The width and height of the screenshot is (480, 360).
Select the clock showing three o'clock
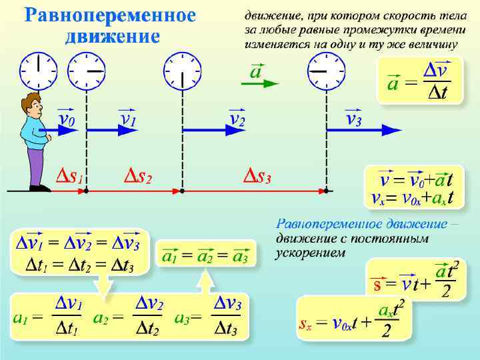87,71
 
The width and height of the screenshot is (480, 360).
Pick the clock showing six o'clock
183,71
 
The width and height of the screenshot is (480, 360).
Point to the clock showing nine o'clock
326,71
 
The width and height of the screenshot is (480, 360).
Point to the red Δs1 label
69,178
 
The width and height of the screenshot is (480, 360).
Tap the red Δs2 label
139,178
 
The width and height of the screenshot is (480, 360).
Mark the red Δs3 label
256,178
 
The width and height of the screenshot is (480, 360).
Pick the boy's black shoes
39,188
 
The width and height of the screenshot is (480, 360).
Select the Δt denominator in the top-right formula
435,94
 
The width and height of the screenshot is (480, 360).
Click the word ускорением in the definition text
310,253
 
